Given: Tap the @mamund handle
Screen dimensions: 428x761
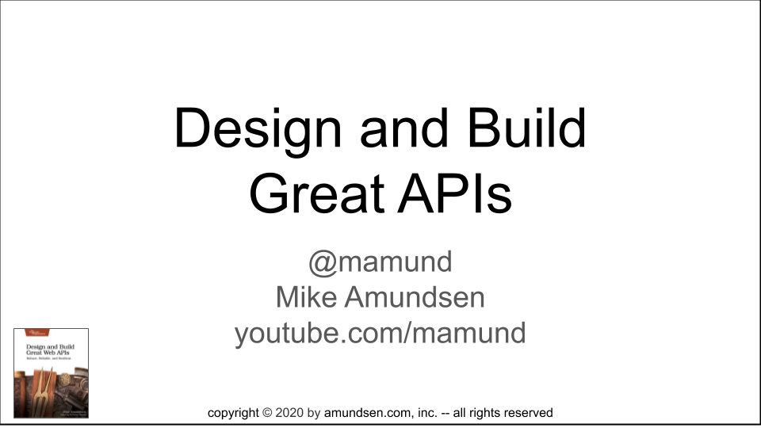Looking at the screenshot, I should [380, 261].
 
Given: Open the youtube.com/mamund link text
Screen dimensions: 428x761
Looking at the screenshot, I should [380, 333].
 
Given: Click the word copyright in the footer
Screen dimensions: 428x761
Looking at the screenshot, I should [233, 413].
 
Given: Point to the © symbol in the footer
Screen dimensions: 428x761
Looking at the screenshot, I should [267, 413].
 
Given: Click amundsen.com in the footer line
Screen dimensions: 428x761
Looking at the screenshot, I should [365, 413].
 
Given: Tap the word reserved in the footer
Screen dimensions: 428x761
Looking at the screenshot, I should [526, 413].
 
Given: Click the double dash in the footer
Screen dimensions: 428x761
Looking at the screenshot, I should [445, 413].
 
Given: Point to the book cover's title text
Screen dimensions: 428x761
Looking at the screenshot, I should [51, 350].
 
